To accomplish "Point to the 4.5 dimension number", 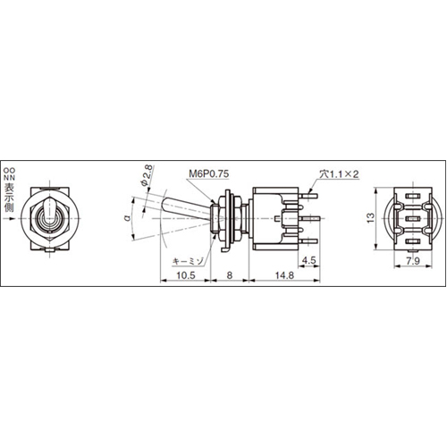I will (x=308, y=262).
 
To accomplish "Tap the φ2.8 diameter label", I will (x=147, y=176).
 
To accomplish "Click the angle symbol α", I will (x=127, y=215).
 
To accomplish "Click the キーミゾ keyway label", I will (x=190, y=260).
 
